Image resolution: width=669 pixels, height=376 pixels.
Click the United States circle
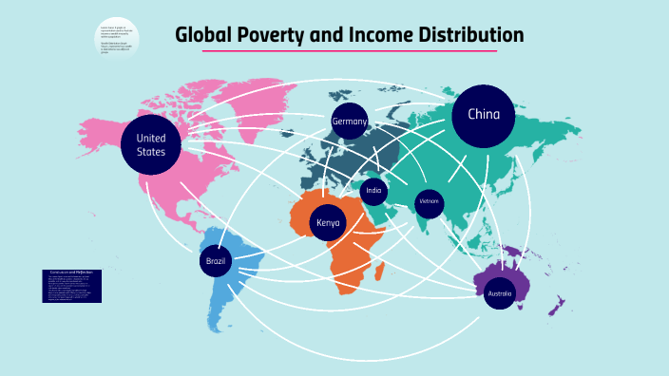[x=150, y=145]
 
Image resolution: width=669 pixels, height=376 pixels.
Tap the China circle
[x=483, y=116]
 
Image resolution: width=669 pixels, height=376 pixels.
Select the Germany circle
[x=349, y=122]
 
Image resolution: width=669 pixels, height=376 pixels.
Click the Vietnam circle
[x=430, y=202]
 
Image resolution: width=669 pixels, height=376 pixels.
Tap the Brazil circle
[x=214, y=260]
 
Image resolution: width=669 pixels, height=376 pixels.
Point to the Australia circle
[x=500, y=293]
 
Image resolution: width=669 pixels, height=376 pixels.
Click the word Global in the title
[x=202, y=36]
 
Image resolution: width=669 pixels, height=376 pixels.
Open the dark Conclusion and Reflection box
[x=71, y=286]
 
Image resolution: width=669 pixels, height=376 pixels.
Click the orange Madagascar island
[x=379, y=273]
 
